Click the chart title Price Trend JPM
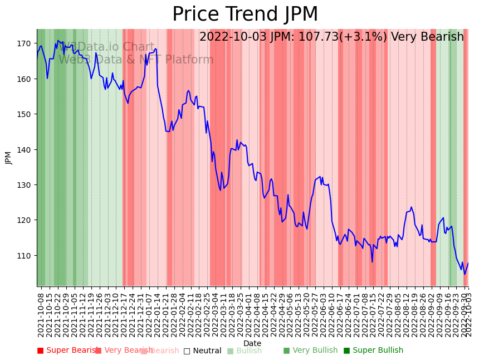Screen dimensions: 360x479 [x=245, y=14]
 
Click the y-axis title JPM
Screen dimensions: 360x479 [x=8, y=158]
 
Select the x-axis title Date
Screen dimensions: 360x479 [x=252, y=343]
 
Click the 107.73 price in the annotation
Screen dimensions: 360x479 [x=318, y=37]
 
